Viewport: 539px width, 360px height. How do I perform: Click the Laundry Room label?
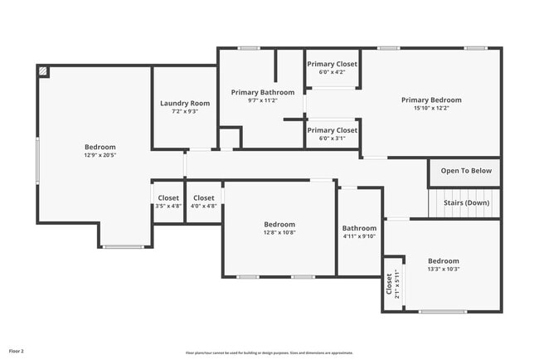[x=184, y=103]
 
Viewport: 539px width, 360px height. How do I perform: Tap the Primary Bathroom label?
[x=262, y=92]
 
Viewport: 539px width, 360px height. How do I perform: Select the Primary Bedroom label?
[x=431, y=100]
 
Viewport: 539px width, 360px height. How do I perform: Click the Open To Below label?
[x=466, y=171]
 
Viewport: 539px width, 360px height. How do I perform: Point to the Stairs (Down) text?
[x=466, y=202]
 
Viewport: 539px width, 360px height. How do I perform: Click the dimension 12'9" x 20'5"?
[x=100, y=155]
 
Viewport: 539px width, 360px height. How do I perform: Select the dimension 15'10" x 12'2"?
[x=431, y=108]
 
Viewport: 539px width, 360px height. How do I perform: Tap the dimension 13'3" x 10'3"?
[x=443, y=269]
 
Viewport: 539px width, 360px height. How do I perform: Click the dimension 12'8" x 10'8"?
[x=279, y=232]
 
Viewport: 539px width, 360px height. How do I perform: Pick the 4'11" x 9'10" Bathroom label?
[x=359, y=228]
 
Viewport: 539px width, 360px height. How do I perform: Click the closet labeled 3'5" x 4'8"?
[x=168, y=198]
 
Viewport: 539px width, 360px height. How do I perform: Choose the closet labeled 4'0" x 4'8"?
[x=204, y=198]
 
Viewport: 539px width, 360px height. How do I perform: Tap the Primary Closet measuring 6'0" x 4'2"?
[x=333, y=64]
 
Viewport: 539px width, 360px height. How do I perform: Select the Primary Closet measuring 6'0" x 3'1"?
[x=333, y=130]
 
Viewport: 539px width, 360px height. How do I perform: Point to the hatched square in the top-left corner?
[x=43, y=72]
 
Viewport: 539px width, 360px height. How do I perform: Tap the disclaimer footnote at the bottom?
[x=269, y=353]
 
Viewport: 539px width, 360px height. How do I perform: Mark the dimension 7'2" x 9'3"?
[x=184, y=111]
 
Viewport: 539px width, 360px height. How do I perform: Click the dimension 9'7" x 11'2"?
[x=262, y=100]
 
